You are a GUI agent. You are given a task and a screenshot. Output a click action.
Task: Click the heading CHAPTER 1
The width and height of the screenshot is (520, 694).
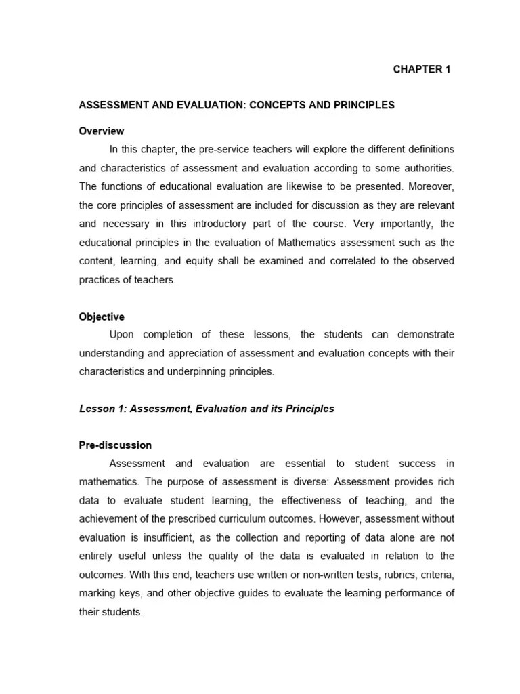(x=422, y=69)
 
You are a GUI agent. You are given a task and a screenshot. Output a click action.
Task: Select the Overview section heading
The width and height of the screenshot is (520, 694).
(x=102, y=131)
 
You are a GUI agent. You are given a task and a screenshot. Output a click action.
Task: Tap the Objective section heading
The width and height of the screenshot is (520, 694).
(x=102, y=317)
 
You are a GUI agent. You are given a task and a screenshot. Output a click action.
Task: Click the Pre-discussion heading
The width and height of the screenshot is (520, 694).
(x=115, y=445)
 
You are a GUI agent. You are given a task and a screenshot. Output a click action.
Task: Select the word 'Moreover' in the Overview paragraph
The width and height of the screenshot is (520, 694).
(x=430, y=186)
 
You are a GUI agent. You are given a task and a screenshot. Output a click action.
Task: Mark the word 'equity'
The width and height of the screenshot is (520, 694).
(x=199, y=261)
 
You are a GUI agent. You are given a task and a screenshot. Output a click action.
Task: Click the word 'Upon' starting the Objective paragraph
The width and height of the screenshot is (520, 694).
(x=122, y=335)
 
